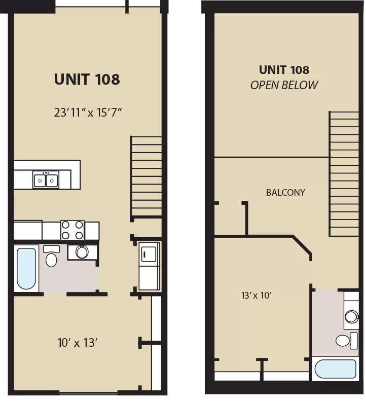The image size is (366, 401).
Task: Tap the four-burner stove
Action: (72, 230)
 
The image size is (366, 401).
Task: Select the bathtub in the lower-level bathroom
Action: (26, 268)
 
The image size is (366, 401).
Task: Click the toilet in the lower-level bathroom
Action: (51, 256)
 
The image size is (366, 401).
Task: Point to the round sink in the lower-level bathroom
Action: (82, 252)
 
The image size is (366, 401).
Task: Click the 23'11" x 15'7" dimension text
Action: (88, 112)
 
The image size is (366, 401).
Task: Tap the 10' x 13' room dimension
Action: (78, 343)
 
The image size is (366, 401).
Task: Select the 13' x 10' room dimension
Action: (256, 296)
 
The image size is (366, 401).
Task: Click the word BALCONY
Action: (285, 193)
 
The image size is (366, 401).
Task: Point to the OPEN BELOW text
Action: (284, 85)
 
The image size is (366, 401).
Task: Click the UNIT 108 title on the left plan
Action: (87, 79)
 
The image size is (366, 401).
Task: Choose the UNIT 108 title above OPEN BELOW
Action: (284, 70)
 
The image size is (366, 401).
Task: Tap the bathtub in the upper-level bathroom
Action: (335, 369)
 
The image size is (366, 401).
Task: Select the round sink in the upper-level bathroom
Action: (352, 317)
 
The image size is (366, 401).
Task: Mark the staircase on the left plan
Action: (147, 177)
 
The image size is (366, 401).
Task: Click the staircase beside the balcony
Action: (344, 174)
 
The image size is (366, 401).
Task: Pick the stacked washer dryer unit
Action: (149, 266)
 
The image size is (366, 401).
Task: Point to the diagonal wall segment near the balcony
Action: (302, 245)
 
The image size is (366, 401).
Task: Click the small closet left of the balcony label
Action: (230, 219)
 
